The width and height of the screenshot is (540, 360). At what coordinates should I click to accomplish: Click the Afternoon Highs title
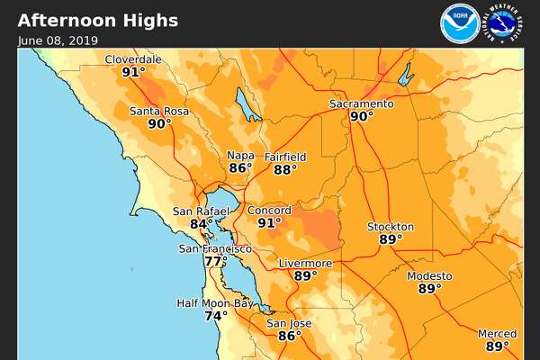(98, 21)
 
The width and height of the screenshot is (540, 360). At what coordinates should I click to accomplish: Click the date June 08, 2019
(57, 40)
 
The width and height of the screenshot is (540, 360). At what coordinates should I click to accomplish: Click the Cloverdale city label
(133, 59)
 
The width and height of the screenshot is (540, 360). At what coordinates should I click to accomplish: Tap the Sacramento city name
(361, 103)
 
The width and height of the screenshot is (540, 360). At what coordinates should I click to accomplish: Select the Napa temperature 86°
(240, 168)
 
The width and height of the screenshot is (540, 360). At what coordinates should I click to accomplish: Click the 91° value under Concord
(269, 222)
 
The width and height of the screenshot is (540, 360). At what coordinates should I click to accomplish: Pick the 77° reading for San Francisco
(215, 262)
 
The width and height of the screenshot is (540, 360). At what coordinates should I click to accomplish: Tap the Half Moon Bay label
(215, 303)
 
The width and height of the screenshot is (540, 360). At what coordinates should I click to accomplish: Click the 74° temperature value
(215, 316)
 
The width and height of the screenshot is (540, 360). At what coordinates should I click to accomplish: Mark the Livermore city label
(305, 264)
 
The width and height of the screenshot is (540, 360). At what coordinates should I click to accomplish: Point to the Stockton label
(391, 227)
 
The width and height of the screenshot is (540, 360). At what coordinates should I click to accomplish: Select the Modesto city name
(429, 276)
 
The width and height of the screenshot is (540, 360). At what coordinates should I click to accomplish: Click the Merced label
(497, 334)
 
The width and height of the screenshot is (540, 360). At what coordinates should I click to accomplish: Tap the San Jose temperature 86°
(289, 337)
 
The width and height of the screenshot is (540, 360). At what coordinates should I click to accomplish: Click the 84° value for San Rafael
(202, 224)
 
